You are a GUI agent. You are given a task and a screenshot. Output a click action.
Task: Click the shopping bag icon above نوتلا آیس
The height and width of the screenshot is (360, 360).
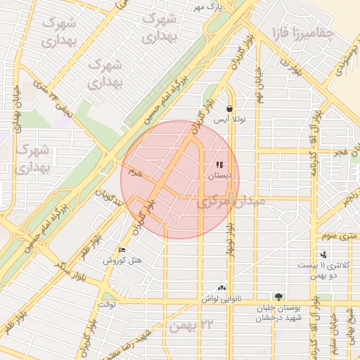tap(231, 108)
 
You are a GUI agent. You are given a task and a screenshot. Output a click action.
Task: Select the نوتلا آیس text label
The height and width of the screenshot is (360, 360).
tap(231, 120)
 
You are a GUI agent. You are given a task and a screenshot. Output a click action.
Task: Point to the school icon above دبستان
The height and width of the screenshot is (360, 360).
tap(220, 165)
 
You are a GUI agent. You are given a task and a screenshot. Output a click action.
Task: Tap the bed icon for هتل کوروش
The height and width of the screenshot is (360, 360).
tap(122, 250)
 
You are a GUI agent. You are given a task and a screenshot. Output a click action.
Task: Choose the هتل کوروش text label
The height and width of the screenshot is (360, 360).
tap(122, 261)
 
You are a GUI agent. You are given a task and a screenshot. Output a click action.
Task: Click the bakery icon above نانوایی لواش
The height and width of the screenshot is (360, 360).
tap(223, 287)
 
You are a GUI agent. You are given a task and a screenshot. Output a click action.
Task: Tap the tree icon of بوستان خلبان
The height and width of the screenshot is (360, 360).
tap(280, 297)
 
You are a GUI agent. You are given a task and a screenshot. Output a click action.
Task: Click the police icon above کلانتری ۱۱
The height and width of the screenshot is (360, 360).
tap(323, 255)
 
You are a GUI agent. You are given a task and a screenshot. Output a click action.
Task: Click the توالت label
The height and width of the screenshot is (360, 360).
tap(106, 304)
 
